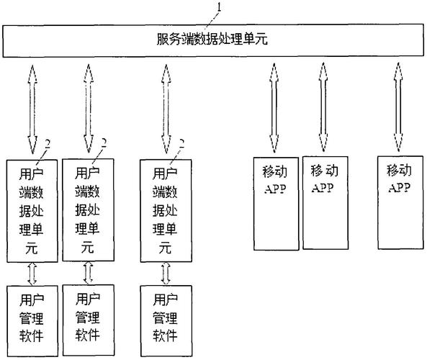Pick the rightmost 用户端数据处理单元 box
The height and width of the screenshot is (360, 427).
(166, 210)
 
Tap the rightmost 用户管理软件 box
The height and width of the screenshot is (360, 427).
(166, 316)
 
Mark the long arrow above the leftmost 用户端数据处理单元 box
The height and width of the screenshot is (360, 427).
(32, 108)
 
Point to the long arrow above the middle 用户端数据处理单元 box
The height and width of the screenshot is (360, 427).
(88, 108)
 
